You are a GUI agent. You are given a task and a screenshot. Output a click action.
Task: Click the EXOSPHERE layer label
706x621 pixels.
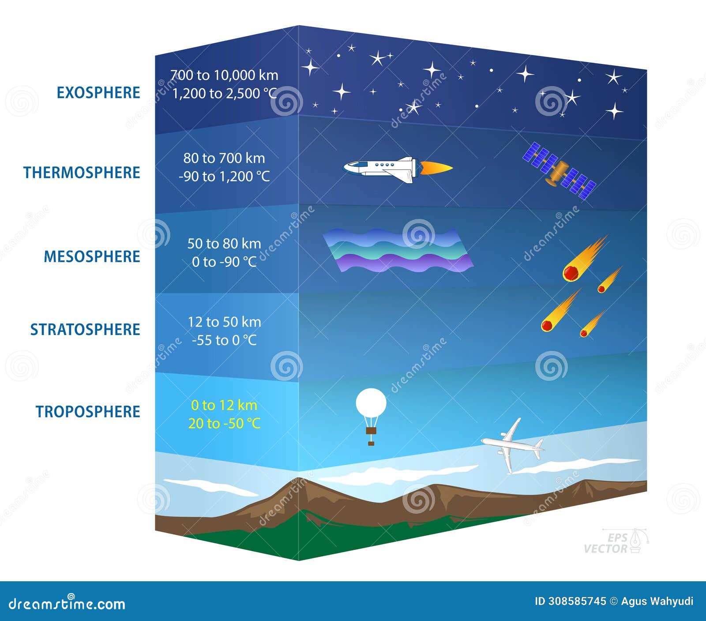(x=98, y=93)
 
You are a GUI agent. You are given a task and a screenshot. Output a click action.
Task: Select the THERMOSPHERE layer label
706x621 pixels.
(x=82, y=173)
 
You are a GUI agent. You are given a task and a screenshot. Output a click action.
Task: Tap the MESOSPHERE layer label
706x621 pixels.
(x=92, y=256)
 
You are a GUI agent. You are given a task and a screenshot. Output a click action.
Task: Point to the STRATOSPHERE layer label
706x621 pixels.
(x=85, y=329)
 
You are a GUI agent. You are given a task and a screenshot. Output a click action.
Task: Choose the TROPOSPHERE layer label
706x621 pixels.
(x=88, y=411)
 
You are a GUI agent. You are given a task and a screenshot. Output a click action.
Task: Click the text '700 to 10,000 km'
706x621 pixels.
(x=224, y=75)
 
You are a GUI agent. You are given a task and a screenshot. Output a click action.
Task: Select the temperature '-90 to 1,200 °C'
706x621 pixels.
(x=224, y=177)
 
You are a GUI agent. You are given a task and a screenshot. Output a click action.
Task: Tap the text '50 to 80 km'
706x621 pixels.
(x=224, y=243)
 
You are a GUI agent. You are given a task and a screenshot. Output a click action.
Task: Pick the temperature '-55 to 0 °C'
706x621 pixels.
(x=224, y=340)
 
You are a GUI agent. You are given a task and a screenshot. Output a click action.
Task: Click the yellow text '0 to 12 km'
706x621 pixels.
(x=224, y=405)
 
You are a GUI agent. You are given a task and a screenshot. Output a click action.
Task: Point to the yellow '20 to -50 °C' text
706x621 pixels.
(x=224, y=424)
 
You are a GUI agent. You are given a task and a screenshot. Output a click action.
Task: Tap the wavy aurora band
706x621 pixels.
(x=397, y=250)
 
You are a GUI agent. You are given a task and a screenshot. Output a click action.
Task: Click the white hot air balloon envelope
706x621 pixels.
(x=371, y=403)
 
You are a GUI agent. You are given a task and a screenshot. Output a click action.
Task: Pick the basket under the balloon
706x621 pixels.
(x=371, y=431)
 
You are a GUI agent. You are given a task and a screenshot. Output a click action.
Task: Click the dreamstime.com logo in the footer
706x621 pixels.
(x=67, y=603)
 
